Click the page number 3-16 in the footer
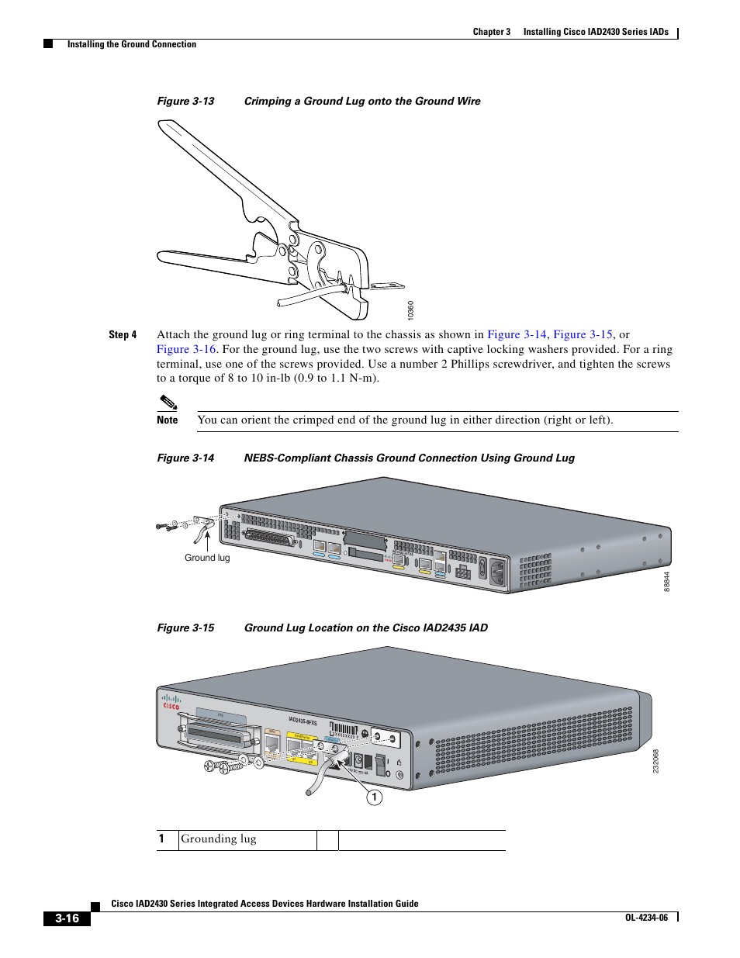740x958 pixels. click(x=67, y=918)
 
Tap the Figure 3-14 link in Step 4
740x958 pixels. click(x=517, y=334)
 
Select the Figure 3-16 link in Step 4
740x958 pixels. click(x=186, y=349)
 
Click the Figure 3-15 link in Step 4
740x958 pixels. click(x=583, y=334)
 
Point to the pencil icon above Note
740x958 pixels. click(x=168, y=402)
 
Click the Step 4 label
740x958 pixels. click(x=123, y=335)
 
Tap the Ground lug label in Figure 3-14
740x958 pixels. click(x=207, y=558)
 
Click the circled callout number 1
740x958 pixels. click(x=375, y=797)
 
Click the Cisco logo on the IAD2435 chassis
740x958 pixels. click(x=171, y=702)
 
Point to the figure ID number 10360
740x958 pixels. click(x=411, y=310)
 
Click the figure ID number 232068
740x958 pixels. click(x=655, y=761)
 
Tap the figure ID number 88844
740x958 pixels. click(x=666, y=582)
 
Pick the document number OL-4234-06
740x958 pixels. click(x=646, y=918)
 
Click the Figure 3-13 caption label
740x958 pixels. click(x=185, y=102)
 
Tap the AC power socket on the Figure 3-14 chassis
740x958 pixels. click(x=497, y=572)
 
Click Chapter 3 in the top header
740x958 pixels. click(x=492, y=32)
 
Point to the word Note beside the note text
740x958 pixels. click(x=168, y=420)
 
